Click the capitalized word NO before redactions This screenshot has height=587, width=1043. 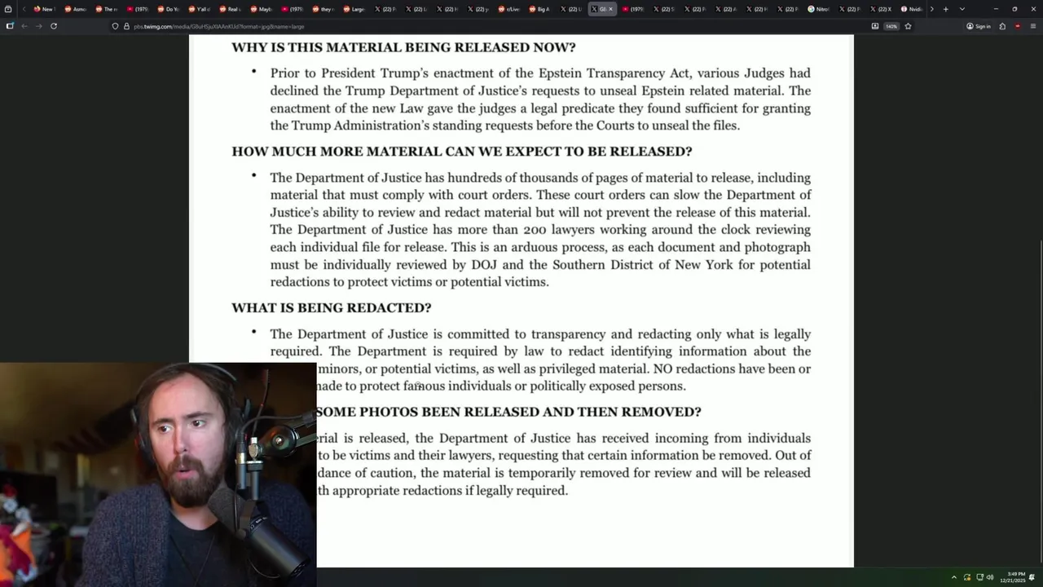click(662, 369)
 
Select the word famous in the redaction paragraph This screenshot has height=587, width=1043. click(424, 386)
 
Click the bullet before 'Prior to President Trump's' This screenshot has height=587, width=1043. click(253, 72)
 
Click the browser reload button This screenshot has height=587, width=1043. click(54, 26)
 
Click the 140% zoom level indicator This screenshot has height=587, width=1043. click(891, 26)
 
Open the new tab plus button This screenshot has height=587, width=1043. click(945, 9)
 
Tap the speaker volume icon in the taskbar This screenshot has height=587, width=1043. click(990, 577)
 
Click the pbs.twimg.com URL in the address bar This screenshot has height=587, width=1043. click(218, 26)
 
